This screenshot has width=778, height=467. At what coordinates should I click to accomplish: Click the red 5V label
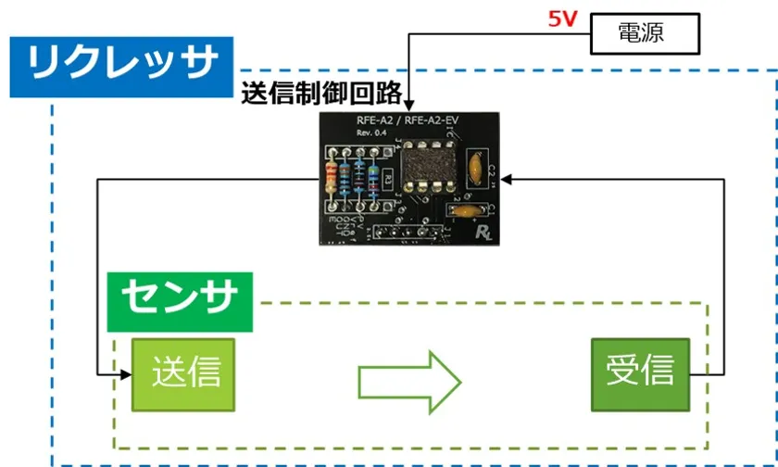pos(562,18)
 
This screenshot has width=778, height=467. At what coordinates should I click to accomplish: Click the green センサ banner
pos(180,298)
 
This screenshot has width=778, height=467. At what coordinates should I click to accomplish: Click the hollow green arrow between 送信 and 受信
pos(408,376)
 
